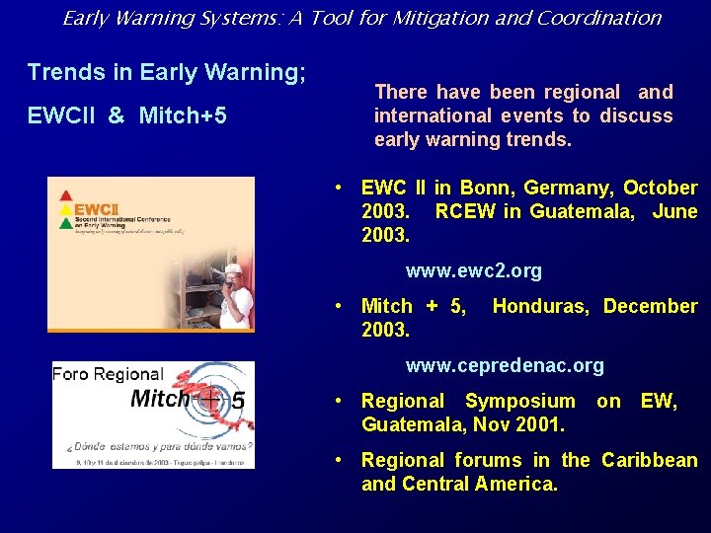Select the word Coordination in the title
(x=604, y=17)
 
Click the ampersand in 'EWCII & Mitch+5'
(x=117, y=115)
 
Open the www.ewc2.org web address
(x=474, y=270)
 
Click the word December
(x=650, y=306)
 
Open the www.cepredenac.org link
(x=505, y=365)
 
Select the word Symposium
(x=519, y=401)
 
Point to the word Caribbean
(x=649, y=460)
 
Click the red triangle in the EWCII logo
(x=66, y=194)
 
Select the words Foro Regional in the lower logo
(x=108, y=374)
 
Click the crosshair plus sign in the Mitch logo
(x=209, y=400)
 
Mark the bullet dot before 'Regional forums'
(x=339, y=460)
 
